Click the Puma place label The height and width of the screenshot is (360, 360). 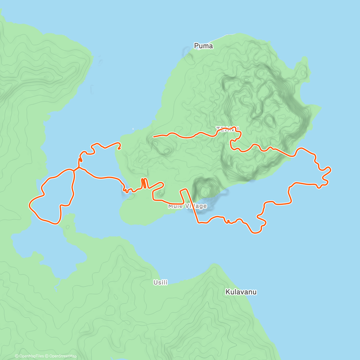(203, 46)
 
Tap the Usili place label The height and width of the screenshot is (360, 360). (160, 282)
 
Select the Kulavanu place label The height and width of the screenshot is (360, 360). (241, 292)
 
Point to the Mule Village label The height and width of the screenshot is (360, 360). (187, 206)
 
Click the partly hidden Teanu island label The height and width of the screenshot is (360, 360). (227, 129)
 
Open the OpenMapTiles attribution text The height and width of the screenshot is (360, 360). (29, 356)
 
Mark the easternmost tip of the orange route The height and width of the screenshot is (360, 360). (331, 169)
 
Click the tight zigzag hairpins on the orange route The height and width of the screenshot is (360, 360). (144, 183)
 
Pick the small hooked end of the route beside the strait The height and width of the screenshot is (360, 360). (119, 148)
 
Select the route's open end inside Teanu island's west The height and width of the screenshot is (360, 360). (154, 136)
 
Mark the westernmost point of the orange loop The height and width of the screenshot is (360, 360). (29, 205)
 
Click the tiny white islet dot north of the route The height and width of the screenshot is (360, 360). (133, 130)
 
